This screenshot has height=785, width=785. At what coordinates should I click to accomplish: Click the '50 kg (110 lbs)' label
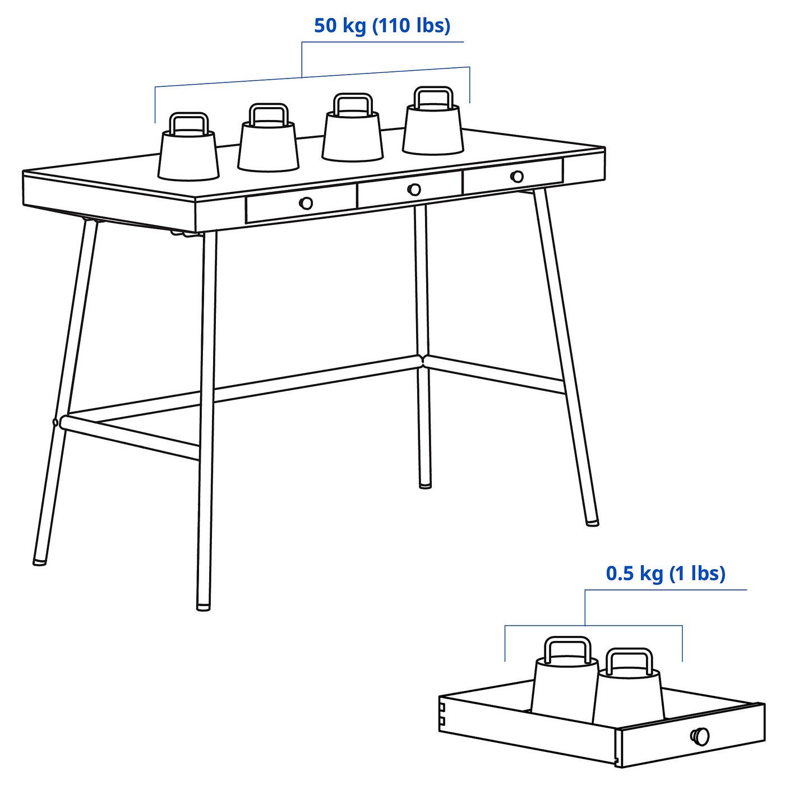[x=382, y=26]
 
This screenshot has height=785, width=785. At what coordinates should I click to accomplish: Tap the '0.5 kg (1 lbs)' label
[x=666, y=574]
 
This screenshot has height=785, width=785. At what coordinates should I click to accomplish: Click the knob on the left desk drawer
[x=306, y=203]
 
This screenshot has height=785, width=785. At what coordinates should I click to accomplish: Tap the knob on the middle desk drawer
[x=414, y=190]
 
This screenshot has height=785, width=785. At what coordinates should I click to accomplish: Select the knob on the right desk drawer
[x=517, y=177]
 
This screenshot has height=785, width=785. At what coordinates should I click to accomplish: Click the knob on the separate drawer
[x=700, y=736]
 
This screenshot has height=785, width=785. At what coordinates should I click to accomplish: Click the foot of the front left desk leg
[x=39, y=560]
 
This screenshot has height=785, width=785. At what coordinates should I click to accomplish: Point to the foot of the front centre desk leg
[x=204, y=606]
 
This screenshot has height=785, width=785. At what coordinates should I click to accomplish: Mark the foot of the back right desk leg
[x=592, y=522]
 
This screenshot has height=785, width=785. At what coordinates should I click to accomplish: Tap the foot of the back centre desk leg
[x=425, y=484]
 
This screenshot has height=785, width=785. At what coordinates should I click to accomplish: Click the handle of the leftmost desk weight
[x=189, y=122]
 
